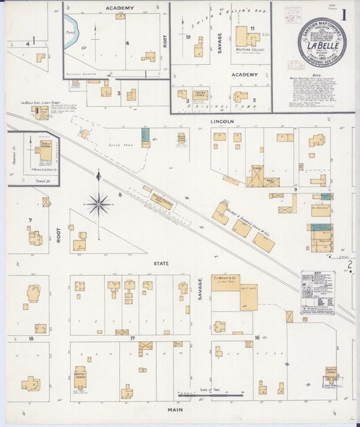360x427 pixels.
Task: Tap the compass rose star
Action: pyautogui.click(x=99, y=202)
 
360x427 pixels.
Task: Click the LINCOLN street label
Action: pyautogui.click(x=222, y=122)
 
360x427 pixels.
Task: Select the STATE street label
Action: pyautogui.click(x=161, y=263)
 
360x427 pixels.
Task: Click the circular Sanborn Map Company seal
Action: pyautogui.click(x=322, y=42)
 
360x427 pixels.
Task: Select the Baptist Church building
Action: pyautogui.click(x=80, y=378)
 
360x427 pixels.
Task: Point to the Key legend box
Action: pyautogui.click(x=317, y=292)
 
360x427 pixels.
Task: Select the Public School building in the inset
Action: pyautogui.click(x=44, y=152)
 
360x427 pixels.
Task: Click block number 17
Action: pyautogui.click(x=133, y=337)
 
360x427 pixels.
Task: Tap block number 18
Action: pyautogui.click(x=31, y=337)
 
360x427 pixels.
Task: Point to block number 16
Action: pyautogui.click(x=257, y=337)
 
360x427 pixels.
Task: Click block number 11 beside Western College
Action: pyautogui.click(x=252, y=28)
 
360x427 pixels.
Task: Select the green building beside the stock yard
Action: pyautogui.click(x=145, y=135)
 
